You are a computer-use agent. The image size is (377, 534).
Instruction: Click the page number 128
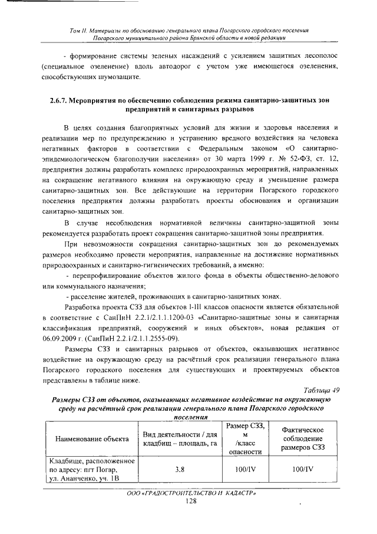coord(190,500)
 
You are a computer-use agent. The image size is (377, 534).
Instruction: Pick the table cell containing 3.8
coord(180,470)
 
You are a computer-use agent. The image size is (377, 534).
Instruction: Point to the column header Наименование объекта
coord(91,440)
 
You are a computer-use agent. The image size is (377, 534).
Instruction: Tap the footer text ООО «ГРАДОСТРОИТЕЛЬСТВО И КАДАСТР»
coord(190,492)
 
